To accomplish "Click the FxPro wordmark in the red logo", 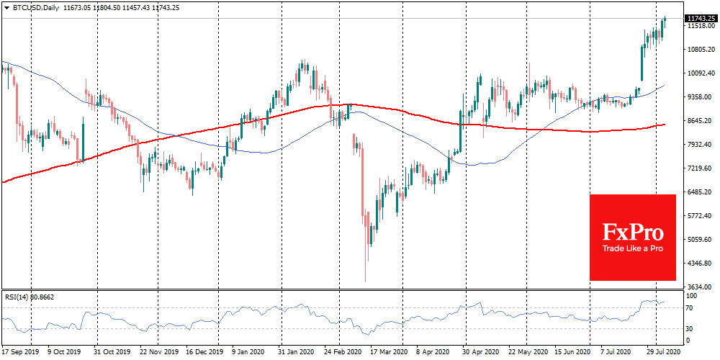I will coord(633,231).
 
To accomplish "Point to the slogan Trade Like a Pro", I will coord(633,249).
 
